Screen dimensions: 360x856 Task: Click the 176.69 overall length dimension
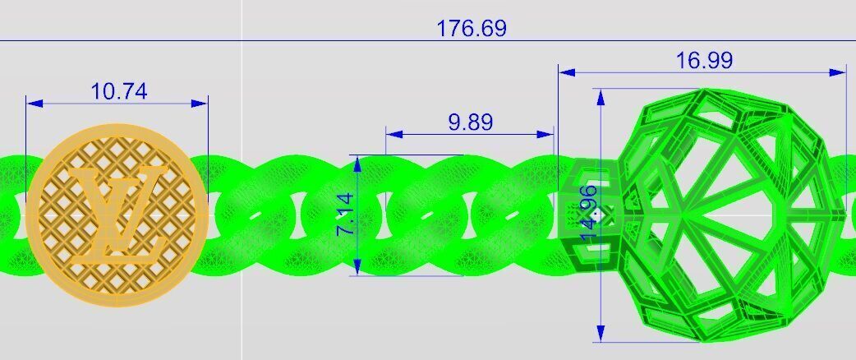(x=471, y=29)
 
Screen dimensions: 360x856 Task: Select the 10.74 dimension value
(x=119, y=91)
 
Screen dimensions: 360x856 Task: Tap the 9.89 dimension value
(x=470, y=122)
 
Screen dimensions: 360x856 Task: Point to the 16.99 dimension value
(x=703, y=60)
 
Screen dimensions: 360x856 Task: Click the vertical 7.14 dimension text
(x=346, y=215)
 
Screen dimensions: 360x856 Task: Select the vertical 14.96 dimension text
(x=588, y=213)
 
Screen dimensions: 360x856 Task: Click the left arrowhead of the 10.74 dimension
(x=33, y=104)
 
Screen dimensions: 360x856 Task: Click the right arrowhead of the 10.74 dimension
(x=201, y=104)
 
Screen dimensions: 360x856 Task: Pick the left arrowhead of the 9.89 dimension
(x=393, y=133)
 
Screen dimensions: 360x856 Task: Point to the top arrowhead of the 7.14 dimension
(x=357, y=162)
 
